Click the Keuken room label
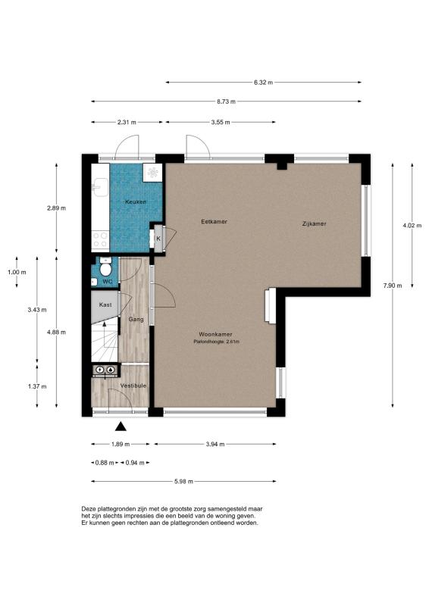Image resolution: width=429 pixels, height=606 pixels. pos(136,201)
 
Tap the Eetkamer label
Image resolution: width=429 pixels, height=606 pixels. pos(214,222)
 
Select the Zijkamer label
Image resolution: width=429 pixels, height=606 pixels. pos(314,223)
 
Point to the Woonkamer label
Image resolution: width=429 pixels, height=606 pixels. pos(215,334)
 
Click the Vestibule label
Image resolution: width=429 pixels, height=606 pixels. pos(133,386)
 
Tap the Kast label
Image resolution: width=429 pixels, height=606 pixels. pos(105,305)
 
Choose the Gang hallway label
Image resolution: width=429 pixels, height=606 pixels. pos(136,319)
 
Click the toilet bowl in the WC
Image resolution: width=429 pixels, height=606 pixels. pos(105,268)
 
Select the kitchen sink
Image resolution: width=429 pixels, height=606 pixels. pos(100,186)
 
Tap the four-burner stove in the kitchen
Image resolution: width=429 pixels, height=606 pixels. pos(100,239)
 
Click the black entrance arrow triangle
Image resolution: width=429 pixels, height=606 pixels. pos(121,426)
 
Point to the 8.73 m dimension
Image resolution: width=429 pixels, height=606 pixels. pos(227,102)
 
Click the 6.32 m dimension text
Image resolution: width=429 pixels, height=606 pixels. pos(264,83)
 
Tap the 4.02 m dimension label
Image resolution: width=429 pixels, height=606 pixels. pos(412,226)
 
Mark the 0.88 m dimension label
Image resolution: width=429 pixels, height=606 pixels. pos(105,463)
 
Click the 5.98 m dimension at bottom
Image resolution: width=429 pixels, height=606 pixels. pos(183,482)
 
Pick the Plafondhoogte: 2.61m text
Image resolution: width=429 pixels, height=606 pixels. pos(216,342)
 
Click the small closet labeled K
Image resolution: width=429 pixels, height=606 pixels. pos(158,239)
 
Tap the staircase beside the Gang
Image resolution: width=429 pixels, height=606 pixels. pos(105,342)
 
